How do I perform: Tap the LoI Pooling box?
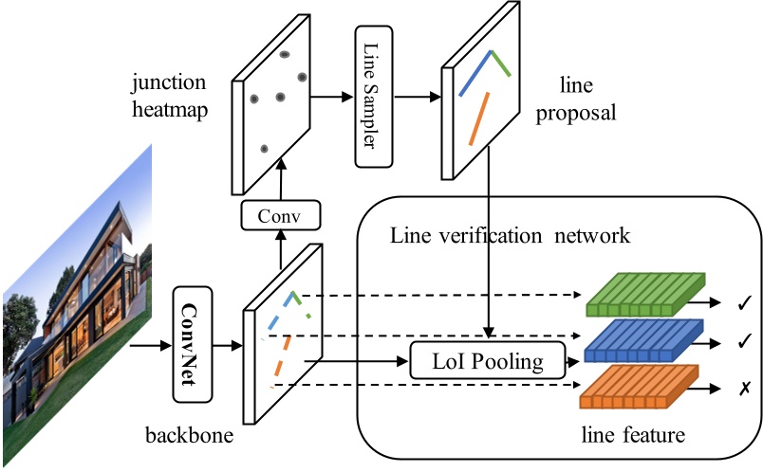click(x=487, y=361)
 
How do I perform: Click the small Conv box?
click(x=281, y=216)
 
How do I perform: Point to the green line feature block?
click(x=645, y=295)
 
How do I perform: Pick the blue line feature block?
click(x=645, y=340)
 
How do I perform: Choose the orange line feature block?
click(x=645, y=388)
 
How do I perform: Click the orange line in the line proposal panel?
click(x=478, y=118)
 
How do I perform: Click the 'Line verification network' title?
click(x=510, y=234)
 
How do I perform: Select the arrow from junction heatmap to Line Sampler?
click(x=333, y=96)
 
